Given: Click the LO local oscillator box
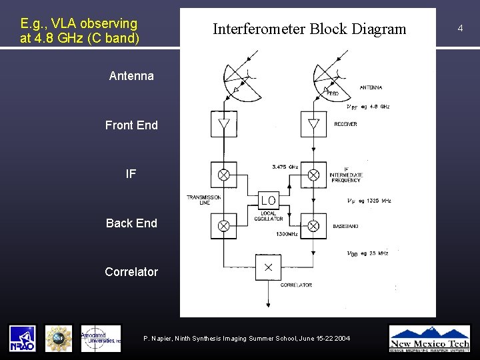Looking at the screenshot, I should click(268, 200).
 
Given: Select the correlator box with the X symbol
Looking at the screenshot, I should click(268, 267).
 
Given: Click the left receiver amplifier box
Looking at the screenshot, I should click(224, 123).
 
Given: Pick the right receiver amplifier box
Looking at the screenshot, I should click(313, 123).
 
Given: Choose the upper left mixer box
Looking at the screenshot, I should click(224, 175).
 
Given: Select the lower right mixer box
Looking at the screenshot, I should click(313, 226).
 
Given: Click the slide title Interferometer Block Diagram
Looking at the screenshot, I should click(309, 29).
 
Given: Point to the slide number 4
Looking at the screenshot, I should click(460, 28).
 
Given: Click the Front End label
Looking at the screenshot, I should click(131, 125).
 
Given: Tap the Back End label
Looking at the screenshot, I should click(131, 223).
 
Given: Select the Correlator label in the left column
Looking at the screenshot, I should click(131, 272).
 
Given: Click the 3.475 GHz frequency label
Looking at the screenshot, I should click(285, 166).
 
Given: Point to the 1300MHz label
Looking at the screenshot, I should click(287, 234).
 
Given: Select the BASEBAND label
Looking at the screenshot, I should click(345, 227).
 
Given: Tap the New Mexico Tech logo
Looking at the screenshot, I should click(429, 338).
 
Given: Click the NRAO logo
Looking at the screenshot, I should click(22, 338).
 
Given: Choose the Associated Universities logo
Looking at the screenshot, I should click(101, 338).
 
